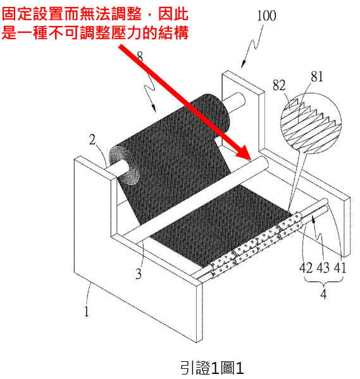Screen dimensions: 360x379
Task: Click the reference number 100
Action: [266, 16]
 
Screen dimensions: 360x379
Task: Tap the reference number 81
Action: [317, 77]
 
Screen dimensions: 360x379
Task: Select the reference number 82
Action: [279, 85]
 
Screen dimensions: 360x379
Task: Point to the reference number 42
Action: [306, 268]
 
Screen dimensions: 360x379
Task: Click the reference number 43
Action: [323, 268]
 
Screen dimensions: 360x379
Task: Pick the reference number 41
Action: [340, 268]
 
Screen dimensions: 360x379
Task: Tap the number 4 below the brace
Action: [323, 294]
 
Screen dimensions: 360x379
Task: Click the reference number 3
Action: [139, 274]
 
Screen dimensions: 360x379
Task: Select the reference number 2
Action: [92, 140]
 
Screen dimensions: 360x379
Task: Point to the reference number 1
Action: [86, 311]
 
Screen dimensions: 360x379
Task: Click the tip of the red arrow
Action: [251, 160]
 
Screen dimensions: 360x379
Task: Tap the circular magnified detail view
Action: [311, 123]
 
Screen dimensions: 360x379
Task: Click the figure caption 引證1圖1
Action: [212, 368]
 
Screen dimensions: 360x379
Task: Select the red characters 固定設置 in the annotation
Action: [33, 13]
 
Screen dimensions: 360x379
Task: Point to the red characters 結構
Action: [173, 32]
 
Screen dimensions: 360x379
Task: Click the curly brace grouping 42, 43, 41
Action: [323, 281]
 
